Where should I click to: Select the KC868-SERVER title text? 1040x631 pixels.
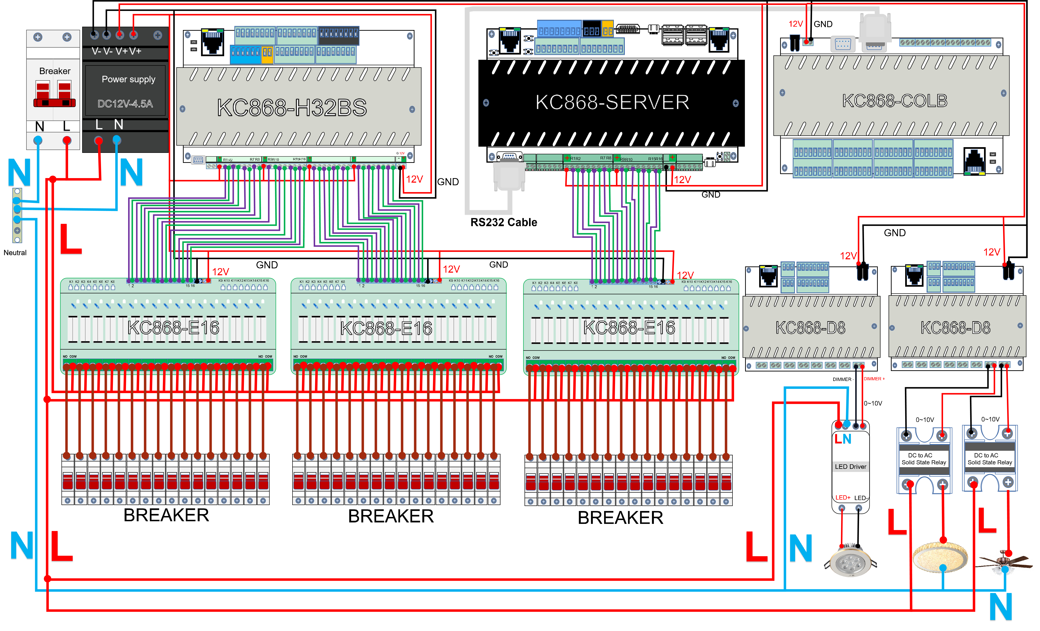[x=612, y=102]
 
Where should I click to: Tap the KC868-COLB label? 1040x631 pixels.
[x=894, y=101]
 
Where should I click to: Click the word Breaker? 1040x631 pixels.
[x=55, y=71]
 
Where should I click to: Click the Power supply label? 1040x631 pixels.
[x=128, y=79]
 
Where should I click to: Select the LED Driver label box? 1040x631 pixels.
[x=850, y=466]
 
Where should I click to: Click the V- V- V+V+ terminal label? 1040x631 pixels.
[x=116, y=51]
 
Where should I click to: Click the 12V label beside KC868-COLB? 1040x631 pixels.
[x=796, y=24]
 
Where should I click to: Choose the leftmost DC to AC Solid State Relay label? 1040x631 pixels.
[x=924, y=459]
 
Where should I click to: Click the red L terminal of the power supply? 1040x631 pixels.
[x=98, y=140]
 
